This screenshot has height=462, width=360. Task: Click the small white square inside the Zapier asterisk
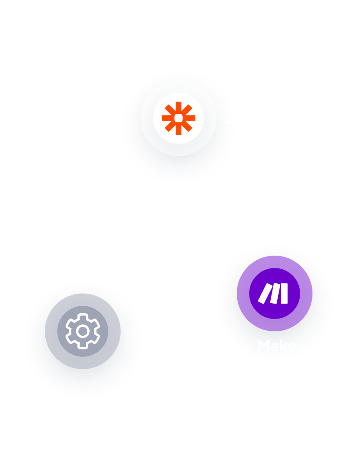[x=178, y=118]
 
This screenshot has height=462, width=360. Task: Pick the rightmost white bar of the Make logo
[x=284, y=293]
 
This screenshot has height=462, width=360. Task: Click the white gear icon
[x=83, y=331]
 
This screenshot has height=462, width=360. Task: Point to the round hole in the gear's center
[x=83, y=331]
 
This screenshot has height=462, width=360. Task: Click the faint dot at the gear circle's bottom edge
[x=83, y=363]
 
